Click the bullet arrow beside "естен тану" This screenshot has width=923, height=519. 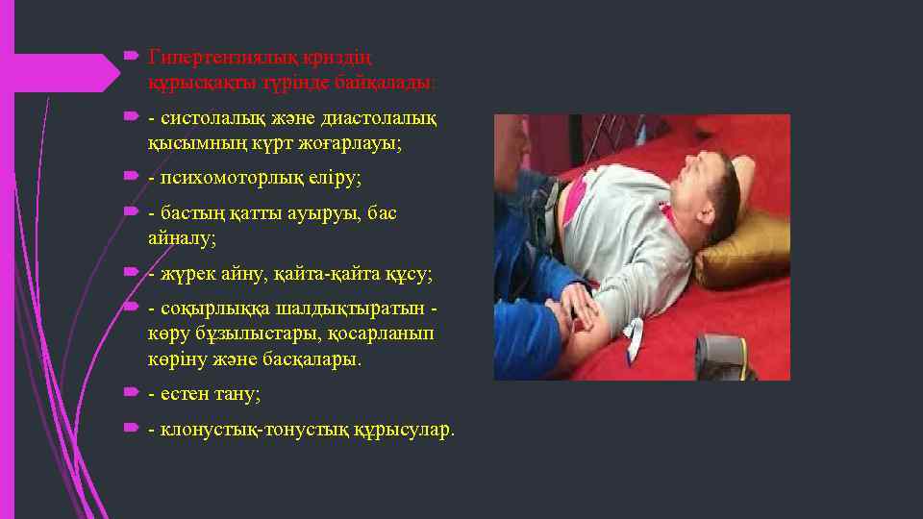pyautogui.click(x=133, y=393)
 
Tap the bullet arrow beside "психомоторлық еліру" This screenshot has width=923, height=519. pyautogui.click(x=133, y=178)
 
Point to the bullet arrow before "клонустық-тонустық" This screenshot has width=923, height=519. pyautogui.click(x=133, y=429)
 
